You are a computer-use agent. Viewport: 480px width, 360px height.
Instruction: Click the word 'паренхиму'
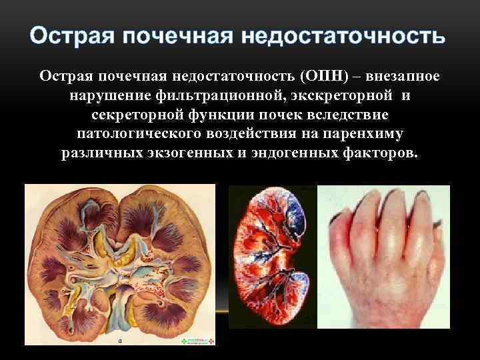(x=366, y=134)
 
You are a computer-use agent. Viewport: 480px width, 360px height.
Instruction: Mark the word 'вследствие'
(x=353, y=115)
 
